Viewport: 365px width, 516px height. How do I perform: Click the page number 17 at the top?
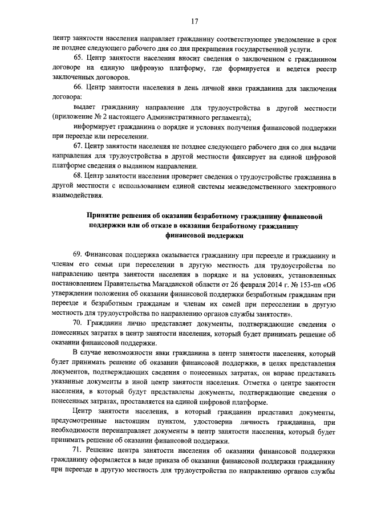point(194,21)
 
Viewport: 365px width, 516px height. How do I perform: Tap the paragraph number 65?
point(79,59)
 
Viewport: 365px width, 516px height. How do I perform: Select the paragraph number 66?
point(79,88)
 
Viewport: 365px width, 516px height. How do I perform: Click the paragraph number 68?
point(79,176)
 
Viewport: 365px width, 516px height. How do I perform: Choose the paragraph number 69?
point(79,254)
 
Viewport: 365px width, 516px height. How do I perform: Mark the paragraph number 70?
point(79,323)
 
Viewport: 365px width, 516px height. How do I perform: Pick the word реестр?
point(322,68)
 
